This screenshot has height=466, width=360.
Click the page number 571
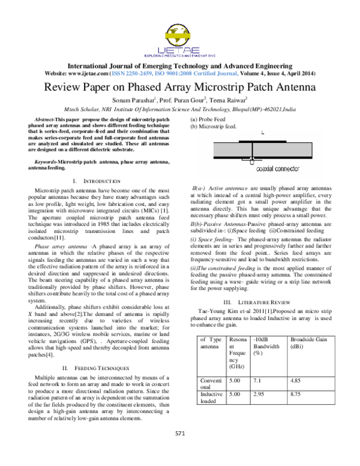179,450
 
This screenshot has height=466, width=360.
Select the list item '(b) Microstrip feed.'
214,127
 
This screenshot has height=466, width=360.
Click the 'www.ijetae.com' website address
91,72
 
